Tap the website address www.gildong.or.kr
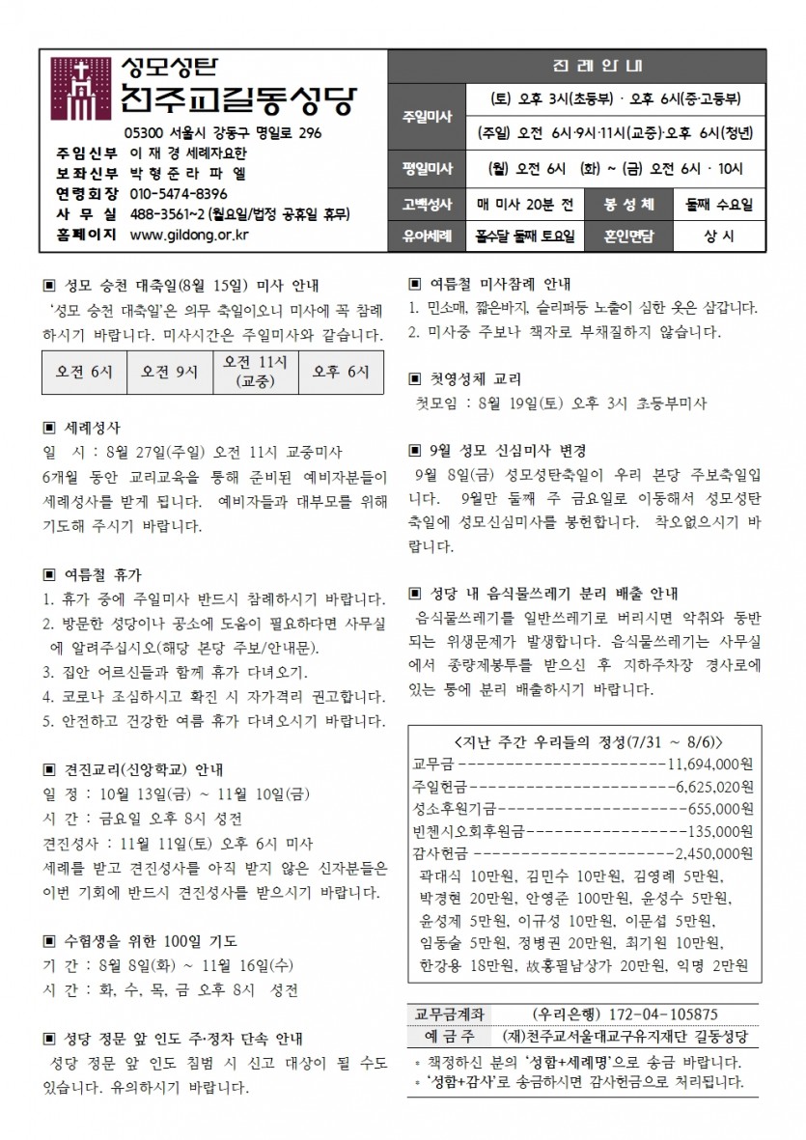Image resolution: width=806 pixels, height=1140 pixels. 189,234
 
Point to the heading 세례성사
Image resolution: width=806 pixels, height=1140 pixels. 91,425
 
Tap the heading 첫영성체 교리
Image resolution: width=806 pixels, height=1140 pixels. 473,377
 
